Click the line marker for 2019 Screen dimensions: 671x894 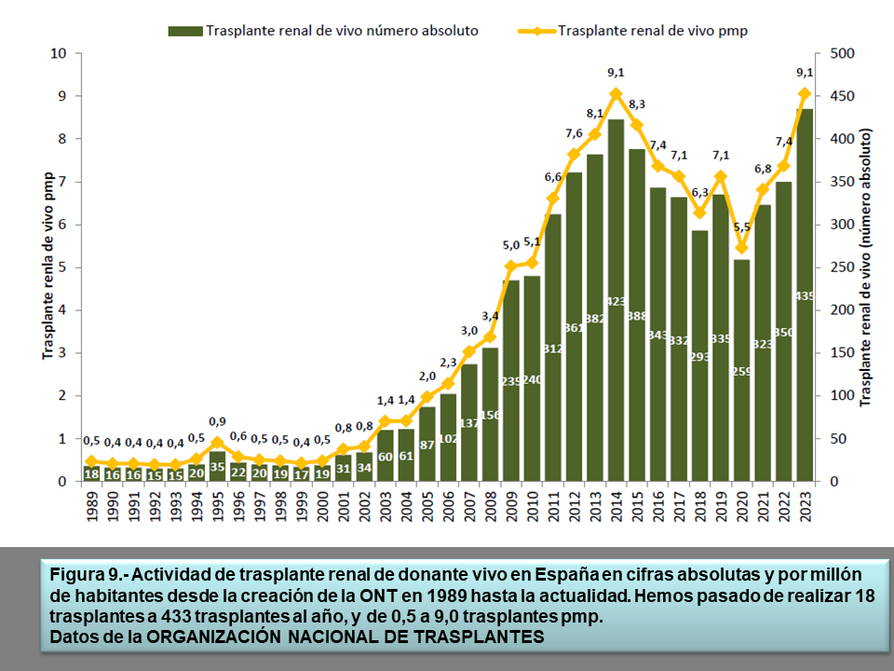tap(721, 176)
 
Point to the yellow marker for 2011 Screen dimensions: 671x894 tap(552, 199)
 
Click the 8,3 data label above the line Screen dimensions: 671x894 tap(637, 104)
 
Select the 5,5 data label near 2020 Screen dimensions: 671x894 tap(742, 227)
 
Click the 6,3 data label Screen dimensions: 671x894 tap(699, 193)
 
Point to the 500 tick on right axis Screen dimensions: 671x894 tap(841, 53)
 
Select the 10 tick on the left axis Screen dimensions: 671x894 tap(59, 53)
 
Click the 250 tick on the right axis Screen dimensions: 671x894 tap(841, 267)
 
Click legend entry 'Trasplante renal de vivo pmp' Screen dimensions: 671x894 tap(653, 31)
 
